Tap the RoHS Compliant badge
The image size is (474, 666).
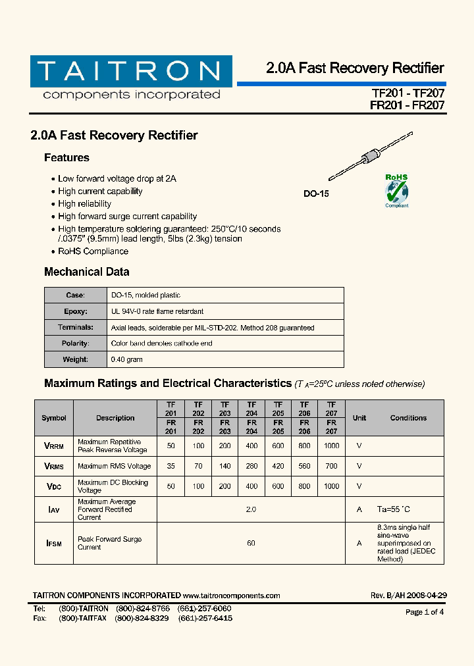pyautogui.click(x=396, y=191)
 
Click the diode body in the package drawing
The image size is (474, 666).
pyautogui.click(x=371, y=158)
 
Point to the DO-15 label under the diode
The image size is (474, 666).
pyautogui.click(x=316, y=194)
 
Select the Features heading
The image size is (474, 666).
pyautogui.click(x=66, y=158)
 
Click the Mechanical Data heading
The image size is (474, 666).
pyautogui.click(x=86, y=272)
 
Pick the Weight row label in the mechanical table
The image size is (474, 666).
pyautogui.click(x=75, y=359)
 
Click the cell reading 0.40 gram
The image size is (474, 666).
pyautogui.click(x=127, y=359)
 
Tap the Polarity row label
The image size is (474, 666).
pyautogui.click(x=75, y=344)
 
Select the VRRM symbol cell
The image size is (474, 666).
pyautogui.click(x=54, y=446)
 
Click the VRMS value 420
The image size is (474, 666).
pyautogui.click(x=278, y=466)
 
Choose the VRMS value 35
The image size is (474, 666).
pyautogui.click(x=171, y=466)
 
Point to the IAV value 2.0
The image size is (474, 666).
pyautogui.click(x=251, y=509)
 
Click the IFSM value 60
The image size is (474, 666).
pyautogui.click(x=251, y=543)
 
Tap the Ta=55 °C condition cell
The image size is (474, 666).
pyautogui.click(x=394, y=509)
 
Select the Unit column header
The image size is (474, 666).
pyautogui.click(x=359, y=418)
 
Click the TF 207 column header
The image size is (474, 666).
pyautogui.click(x=331, y=409)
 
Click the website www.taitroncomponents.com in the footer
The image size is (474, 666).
pyautogui.click(x=232, y=596)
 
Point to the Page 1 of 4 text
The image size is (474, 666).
pyautogui.click(x=425, y=612)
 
